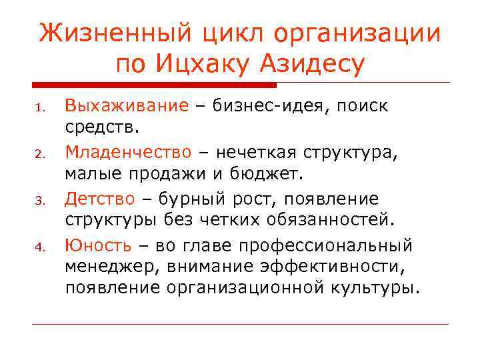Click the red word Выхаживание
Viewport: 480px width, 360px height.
[x=127, y=105]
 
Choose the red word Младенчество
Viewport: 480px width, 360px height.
[x=128, y=152]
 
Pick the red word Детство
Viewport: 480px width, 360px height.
[x=99, y=199]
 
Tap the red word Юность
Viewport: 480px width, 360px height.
[x=98, y=245]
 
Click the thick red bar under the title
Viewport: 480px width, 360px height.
[x=154, y=85]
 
